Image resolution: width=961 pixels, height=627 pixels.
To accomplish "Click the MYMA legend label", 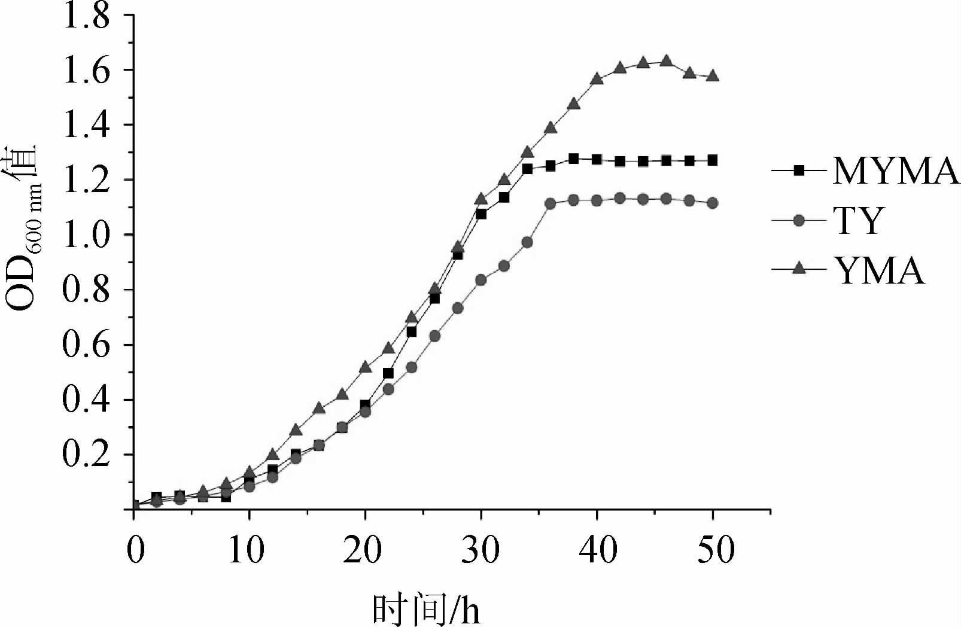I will click(896, 171).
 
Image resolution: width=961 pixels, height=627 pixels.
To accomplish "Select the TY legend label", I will click(857, 221).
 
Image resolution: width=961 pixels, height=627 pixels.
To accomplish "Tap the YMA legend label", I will click(880, 270).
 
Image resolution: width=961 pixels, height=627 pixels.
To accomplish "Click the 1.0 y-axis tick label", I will click(87, 235).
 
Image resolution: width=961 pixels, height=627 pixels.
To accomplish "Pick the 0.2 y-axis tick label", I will click(87, 455).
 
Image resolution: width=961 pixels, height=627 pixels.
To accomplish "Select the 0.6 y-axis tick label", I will click(87, 345).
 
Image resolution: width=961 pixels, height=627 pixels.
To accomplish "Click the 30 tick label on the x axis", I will click(480, 549).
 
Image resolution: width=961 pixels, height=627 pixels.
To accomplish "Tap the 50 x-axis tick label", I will click(716, 549).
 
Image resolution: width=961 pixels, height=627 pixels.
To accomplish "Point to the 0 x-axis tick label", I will click(136, 549).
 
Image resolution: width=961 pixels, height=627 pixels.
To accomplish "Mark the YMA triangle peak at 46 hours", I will click(666, 61).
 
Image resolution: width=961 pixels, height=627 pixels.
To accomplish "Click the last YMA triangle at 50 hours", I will click(713, 76).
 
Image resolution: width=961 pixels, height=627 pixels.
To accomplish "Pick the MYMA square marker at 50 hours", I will click(713, 160).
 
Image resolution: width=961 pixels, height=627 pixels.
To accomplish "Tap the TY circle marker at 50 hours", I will click(713, 203).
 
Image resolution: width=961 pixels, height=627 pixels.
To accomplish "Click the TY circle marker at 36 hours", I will click(551, 204).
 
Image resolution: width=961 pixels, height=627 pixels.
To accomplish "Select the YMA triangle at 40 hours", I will click(597, 79).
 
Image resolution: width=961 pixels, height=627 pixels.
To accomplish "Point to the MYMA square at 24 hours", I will click(412, 331).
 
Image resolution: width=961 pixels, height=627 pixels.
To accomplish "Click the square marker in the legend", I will click(798, 171).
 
